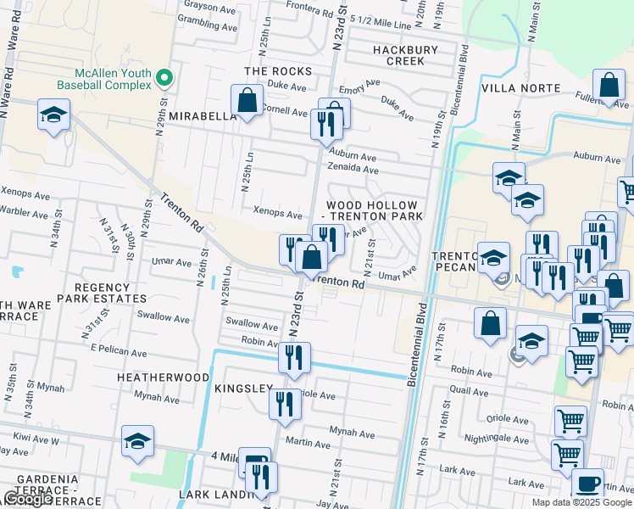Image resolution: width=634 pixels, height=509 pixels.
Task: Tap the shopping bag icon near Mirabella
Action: (247, 101)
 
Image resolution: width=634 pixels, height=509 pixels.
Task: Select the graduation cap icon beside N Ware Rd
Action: (53, 115)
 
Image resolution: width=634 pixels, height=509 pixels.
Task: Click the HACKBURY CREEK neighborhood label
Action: (404, 55)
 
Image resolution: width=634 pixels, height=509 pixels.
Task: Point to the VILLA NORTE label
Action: (521, 88)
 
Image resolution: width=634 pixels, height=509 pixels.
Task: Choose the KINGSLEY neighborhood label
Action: (243, 388)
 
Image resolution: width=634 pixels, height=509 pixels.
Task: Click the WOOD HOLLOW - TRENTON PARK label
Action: (372, 211)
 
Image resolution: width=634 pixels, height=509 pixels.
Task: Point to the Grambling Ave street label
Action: (208, 26)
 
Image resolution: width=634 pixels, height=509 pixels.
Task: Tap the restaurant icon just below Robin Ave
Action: (294, 358)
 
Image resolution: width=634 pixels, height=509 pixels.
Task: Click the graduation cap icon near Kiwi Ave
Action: (137, 441)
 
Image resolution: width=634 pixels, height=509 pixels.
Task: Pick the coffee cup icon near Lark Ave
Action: (587, 483)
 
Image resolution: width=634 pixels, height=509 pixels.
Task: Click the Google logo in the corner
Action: (27, 499)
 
